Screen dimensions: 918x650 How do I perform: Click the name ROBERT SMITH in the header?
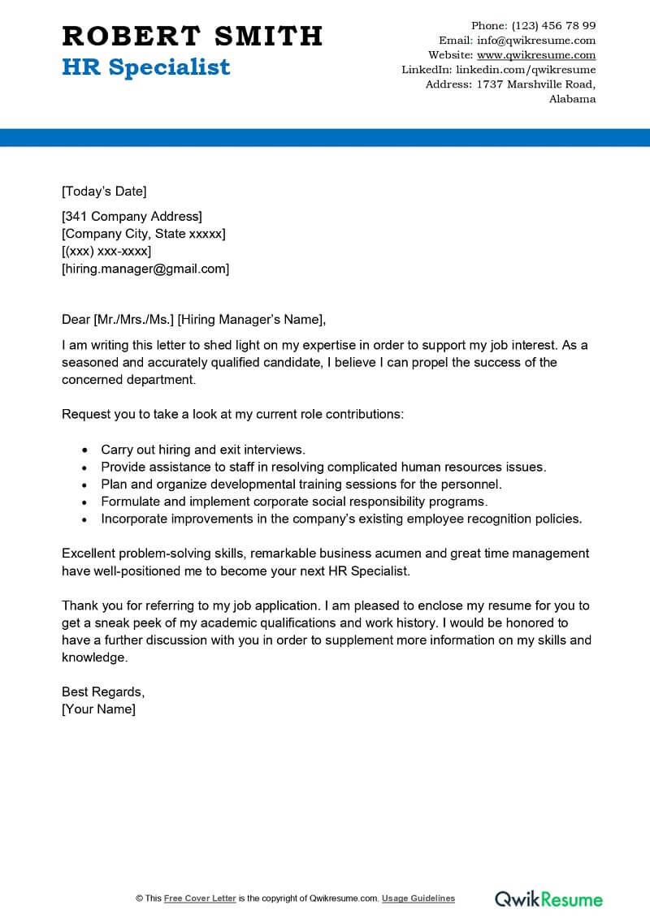(192, 36)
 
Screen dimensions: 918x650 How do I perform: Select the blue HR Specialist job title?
(145, 67)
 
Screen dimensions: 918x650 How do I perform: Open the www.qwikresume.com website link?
(535, 55)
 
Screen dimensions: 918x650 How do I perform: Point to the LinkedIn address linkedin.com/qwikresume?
(526, 70)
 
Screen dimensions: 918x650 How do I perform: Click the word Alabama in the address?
(572, 99)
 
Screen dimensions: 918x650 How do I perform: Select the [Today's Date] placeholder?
(104, 192)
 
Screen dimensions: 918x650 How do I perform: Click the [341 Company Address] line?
(132, 216)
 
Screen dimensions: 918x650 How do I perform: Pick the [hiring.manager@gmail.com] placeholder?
(145, 269)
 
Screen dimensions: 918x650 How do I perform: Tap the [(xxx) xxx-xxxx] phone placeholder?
(106, 252)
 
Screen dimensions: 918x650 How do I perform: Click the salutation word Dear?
(76, 318)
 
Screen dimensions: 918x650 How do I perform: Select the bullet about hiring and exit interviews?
(202, 449)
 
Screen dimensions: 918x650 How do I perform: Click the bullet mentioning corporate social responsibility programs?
(293, 502)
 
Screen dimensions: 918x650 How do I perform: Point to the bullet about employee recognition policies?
(341, 519)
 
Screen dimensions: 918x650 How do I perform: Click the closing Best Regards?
(103, 692)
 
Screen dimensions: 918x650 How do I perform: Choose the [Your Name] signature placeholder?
(98, 709)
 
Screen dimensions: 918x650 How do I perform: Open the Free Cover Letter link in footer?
(200, 899)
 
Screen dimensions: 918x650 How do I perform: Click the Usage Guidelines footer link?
(418, 899)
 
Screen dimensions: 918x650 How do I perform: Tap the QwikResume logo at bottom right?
(549, 899)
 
